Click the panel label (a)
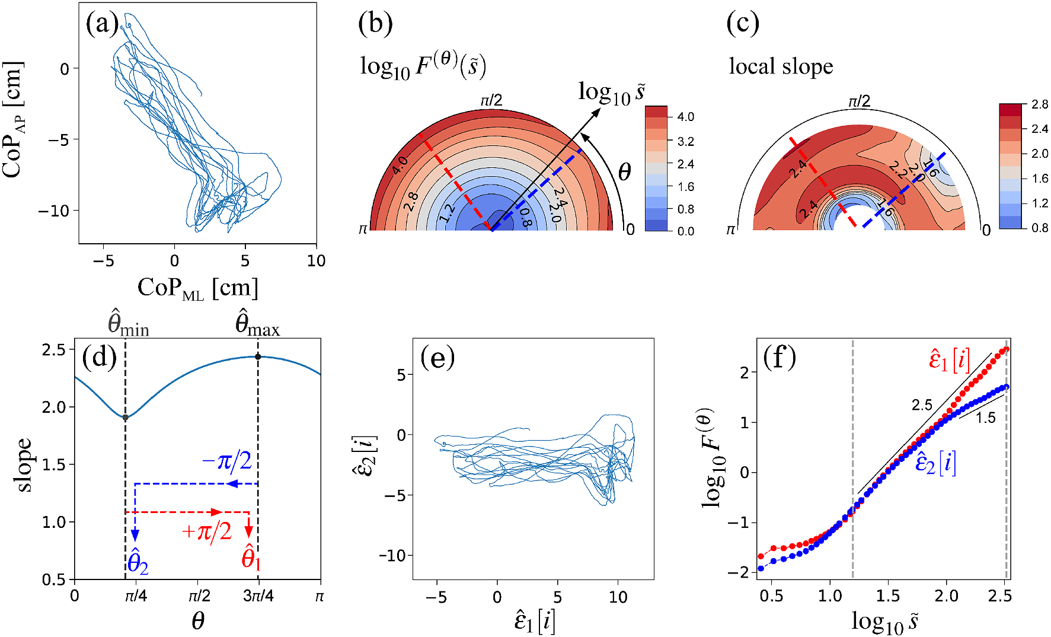(x=102, y=24)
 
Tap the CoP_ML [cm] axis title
(x=197, y=289)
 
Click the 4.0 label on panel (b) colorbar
(x=685, y=117)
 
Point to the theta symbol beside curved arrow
(x=624, y=173)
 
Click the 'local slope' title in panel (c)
(x=781, y=66)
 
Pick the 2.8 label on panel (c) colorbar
(x=1039, y=104)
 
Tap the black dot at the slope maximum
(x=258, y=356)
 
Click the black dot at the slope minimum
(x=126, y=418)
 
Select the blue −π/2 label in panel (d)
(x=227, y=461)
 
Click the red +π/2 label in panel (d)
(x=206, y=531)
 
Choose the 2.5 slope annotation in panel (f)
(x=922, y=405)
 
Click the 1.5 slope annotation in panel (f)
(x=985, y=418)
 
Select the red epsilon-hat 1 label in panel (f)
(x=949, y=360)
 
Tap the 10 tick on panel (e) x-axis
(x=618, y=597)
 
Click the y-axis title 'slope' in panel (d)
(x=24, y=465)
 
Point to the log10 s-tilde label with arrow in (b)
(x=611, y=93)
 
